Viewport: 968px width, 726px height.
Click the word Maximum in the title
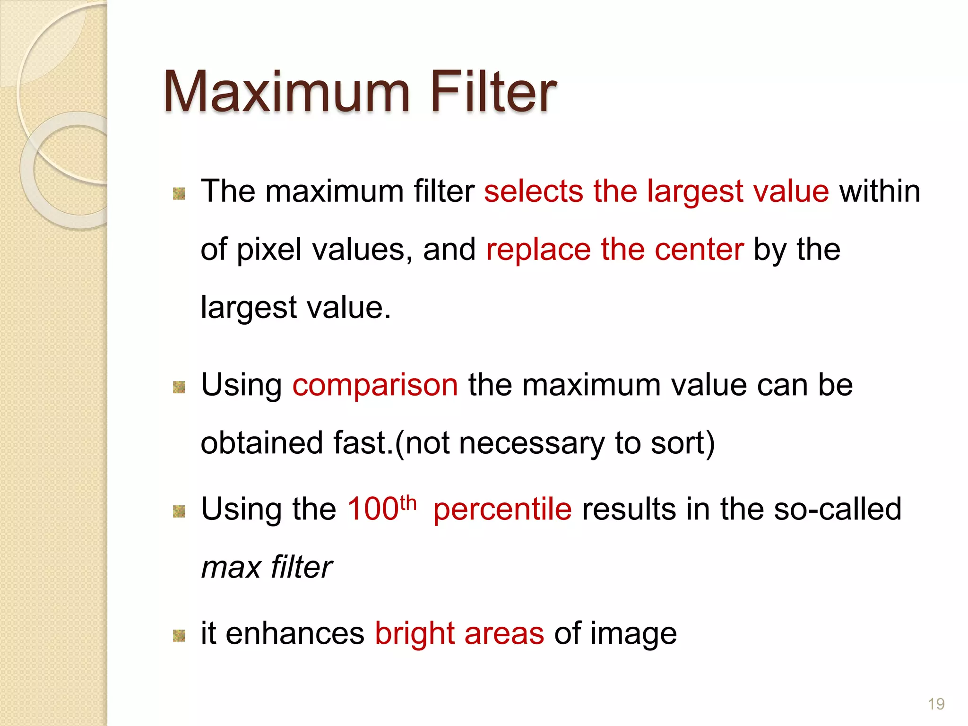(x=286, y=92)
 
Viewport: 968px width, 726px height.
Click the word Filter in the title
(x=493, y=92)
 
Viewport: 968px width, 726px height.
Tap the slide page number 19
(x=936, y=704)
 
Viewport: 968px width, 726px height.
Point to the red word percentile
(x=502, y=510)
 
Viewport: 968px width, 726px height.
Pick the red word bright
(x=415, y=634)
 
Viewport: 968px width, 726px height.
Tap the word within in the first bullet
(x=880, y=191)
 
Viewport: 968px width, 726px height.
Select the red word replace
(x=538, y=250)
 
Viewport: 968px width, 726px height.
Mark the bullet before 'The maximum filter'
(x=179, y=193)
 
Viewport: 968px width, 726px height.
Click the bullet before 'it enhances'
(x=179, y=635)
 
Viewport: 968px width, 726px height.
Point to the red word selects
(x=534, y=191)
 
